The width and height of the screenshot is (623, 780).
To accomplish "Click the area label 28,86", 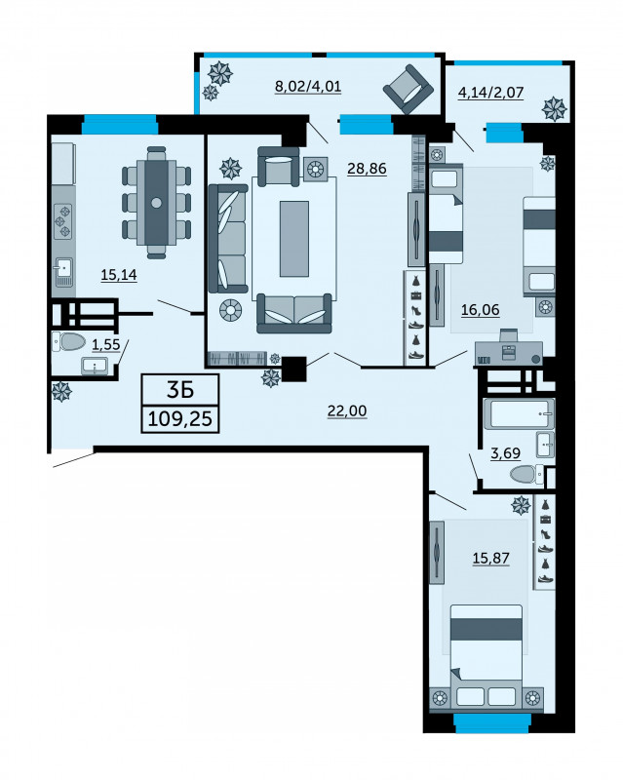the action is pos(367,169).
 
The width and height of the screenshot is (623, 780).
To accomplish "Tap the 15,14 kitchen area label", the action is pos(119,275).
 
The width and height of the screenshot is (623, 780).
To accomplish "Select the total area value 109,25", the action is pos(180,419).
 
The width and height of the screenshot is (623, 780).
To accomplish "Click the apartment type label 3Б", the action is pos(180,390).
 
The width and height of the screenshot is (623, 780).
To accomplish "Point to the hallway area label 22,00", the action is pos(347,410).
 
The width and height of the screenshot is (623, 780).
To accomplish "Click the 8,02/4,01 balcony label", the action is pos(308,87).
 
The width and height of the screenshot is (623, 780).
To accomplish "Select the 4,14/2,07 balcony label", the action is pos(490,93).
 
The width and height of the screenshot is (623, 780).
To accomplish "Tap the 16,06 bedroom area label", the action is pos(481,310).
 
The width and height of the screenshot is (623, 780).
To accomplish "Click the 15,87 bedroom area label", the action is pos(491,558).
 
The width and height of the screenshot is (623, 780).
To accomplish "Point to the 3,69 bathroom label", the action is pos(506,453).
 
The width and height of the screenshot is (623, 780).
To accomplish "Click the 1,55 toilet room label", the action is pos(106,345).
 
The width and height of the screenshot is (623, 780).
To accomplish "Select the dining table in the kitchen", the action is pos(156,203).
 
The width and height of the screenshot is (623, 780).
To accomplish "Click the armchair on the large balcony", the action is pos(409,90).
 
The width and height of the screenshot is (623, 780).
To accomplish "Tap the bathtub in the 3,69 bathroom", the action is pos(522,413).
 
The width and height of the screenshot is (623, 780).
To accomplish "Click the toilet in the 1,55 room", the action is pos(68,342).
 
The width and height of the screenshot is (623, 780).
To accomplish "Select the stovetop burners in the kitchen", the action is pos(63,221).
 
